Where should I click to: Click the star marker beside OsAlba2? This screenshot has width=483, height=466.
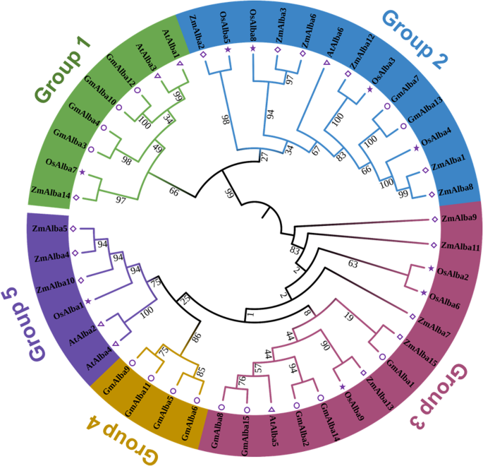coord(430,268)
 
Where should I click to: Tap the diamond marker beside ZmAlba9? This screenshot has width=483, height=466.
coord(434,220)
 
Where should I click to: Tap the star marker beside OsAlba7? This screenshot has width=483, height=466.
coord(82,172)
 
